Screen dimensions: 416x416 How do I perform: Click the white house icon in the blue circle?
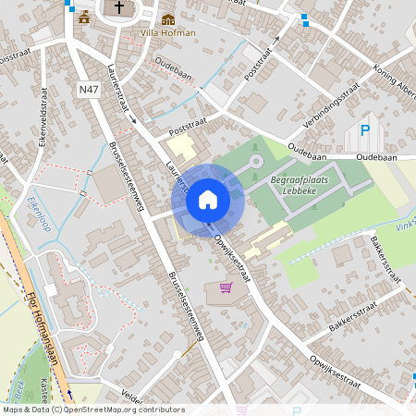pos(208,199)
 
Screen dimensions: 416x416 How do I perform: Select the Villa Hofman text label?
pos(167,33)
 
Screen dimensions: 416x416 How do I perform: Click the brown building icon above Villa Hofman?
pos(168,18)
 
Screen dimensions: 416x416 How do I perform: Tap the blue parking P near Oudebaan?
pos(365,131)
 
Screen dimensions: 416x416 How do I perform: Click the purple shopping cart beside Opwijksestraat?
pos(224,288)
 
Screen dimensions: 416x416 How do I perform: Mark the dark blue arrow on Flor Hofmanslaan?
pos(68,393)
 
